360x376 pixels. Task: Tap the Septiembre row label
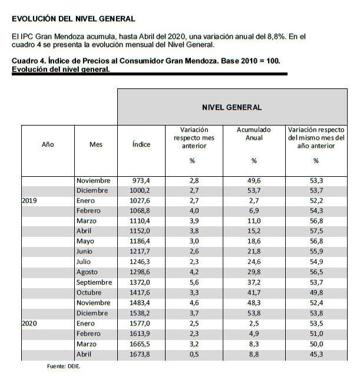coord(94,282)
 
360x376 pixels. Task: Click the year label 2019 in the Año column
coord(29,200)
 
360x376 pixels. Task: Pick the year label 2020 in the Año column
coord(29,323)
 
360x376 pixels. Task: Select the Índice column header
coord(141,144)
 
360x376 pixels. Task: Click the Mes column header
coord(95,144)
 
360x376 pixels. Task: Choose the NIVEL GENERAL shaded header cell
coord(232,107)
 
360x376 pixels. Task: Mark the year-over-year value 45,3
coord(316,354)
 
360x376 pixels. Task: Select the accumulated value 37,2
coord(254,282)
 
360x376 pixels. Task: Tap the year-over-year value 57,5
coord(316,231)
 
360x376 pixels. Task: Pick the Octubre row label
coord(90,293)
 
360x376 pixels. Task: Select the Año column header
coord(48,144)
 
